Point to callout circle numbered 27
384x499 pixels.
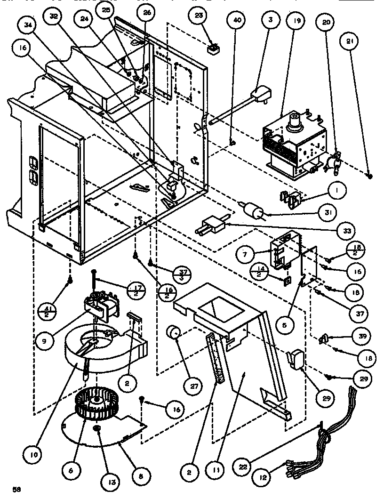[193, 386]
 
